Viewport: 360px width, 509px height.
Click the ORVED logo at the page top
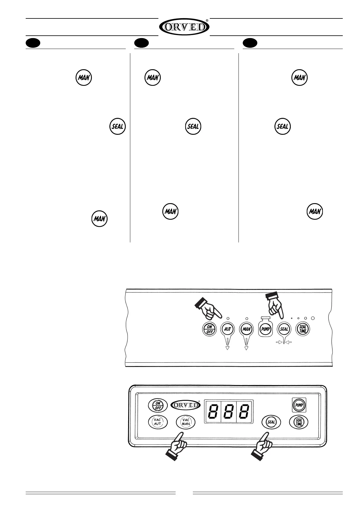point(184,27)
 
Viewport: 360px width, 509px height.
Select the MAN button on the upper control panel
point(247,329)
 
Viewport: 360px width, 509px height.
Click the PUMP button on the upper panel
point(265,329)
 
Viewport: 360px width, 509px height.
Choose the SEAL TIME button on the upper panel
point(303,329)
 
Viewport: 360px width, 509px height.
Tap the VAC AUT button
point(157,422)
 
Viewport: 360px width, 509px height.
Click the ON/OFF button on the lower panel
point(157,406)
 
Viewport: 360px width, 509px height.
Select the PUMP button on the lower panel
point(299,405)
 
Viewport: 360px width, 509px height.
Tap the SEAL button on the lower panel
point(271,422)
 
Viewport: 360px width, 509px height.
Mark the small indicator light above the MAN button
point(247,319)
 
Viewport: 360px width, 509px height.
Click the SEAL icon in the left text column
point(117,127)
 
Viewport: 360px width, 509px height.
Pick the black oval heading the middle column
point(141,43)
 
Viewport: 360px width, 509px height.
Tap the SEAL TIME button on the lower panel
point(299,422)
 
